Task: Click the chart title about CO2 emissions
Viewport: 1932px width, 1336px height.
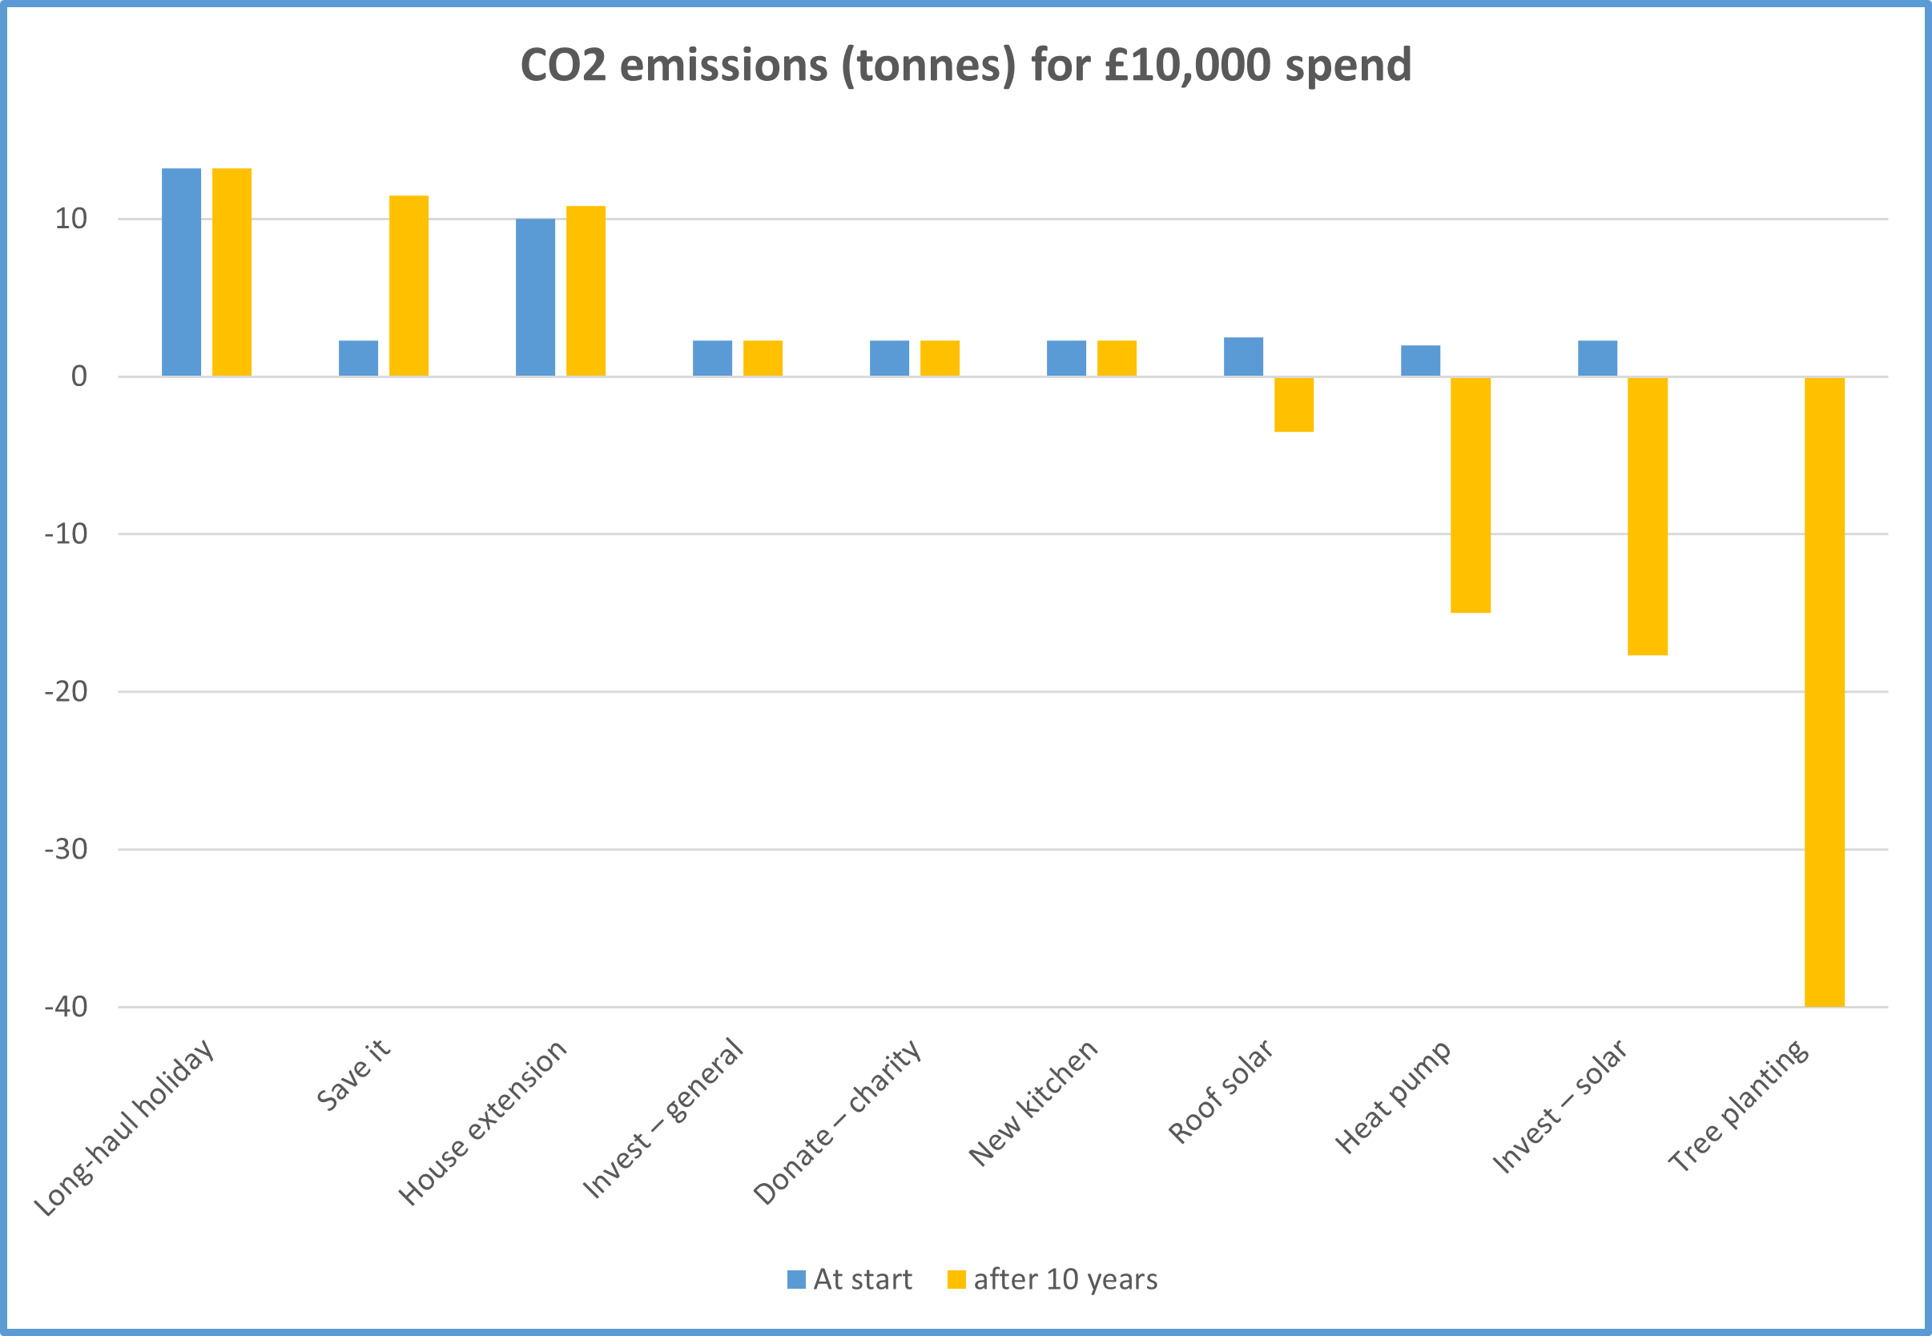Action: coord(965,66)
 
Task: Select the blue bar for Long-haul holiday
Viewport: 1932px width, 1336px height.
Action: coord(181,272)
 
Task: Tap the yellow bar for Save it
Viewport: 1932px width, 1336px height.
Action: coord(409,285)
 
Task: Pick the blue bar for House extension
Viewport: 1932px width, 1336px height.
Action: coord(535,297)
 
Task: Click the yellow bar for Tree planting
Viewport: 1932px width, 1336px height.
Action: coord(1824,691)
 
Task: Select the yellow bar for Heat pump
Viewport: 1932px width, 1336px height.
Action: coord(1470,495)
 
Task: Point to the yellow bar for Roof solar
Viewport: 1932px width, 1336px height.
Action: coord(1294,404)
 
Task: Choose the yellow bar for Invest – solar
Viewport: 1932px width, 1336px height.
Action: coord(1648,516)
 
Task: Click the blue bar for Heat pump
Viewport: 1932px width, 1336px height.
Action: coord(1420,360)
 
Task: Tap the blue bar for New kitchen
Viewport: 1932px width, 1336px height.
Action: coord(1066,358)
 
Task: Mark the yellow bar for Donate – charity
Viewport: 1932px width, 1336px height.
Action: coord(940,358)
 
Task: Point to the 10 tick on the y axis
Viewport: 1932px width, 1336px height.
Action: coord(71,219)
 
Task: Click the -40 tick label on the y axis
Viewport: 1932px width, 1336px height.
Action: coord(66,1007)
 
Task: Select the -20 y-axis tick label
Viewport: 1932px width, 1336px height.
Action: coord(66,691)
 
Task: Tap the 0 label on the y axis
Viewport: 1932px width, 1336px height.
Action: coord(78,376)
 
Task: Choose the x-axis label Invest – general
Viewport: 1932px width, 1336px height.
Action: coord(663,1118)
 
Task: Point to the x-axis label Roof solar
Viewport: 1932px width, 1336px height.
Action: coord(1221,1092)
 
